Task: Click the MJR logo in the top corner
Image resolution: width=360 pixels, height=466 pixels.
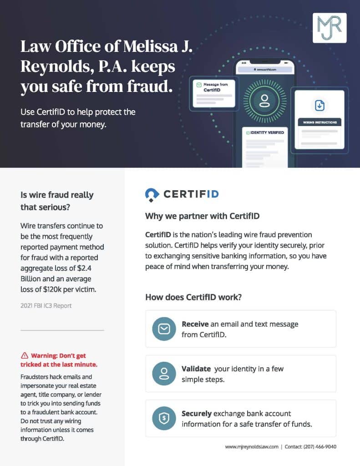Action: click(330, 28)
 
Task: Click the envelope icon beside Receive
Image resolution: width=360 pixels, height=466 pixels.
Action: click(163, 329)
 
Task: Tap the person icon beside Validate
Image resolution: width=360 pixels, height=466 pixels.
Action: click(163, 373)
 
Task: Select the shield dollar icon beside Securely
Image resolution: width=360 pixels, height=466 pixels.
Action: click(163, 418)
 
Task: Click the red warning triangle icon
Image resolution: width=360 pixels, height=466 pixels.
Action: click(24, 355)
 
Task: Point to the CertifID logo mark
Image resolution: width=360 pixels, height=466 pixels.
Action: click(152, 194)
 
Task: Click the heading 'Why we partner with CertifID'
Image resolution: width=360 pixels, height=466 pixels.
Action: click(202, 216)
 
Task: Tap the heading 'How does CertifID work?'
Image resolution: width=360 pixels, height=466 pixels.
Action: click(193, 297)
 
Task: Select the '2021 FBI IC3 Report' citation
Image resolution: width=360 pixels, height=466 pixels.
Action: click(46, 306)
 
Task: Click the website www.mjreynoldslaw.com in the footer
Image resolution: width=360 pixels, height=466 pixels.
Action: click(251, 447)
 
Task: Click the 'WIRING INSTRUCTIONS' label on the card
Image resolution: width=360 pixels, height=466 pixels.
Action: click(320, 122)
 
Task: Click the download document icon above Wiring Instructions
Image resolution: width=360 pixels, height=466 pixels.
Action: click(320, 105)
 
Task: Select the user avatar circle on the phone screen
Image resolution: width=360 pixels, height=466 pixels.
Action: click(264, 100)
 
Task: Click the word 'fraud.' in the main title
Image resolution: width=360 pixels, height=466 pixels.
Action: click(151, 86)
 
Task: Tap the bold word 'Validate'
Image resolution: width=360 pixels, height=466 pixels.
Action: click(196, 369)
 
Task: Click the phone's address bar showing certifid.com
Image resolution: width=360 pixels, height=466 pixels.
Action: click(264, 70)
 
